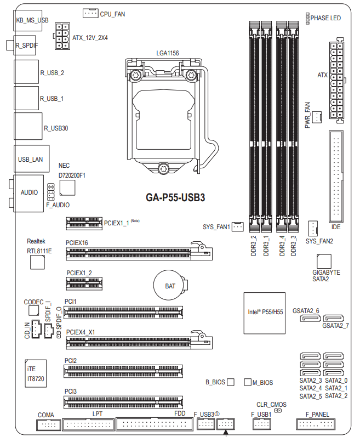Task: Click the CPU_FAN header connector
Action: (x=90, y=13)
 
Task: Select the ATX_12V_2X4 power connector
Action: (x=62, y=36)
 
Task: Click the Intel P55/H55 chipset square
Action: (x=265, y=313)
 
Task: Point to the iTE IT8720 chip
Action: (x=36, y=373)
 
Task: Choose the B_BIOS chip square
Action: (x=231, y=382)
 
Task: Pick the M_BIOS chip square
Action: (x=248, y=382)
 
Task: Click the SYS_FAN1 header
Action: (x=237, y=226)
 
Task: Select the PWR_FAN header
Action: (x=317, y=117)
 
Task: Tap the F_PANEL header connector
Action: (x=316, y=424)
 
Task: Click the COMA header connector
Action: (x=48, y=425)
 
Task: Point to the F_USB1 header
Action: (x=261, y=424)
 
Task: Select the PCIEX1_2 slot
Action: (x=84, y=283)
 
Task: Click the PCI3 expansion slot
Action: (x=123, y=402)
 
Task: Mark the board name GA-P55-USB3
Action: (x=175, y=197)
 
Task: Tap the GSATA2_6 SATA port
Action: (x=311, y=318)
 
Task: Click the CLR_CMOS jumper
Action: (x=278, y=411)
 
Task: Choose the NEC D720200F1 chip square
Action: (x=67, y=188)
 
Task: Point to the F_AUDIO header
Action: (x=50, y=192)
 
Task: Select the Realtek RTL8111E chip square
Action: (x=37, y=262)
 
